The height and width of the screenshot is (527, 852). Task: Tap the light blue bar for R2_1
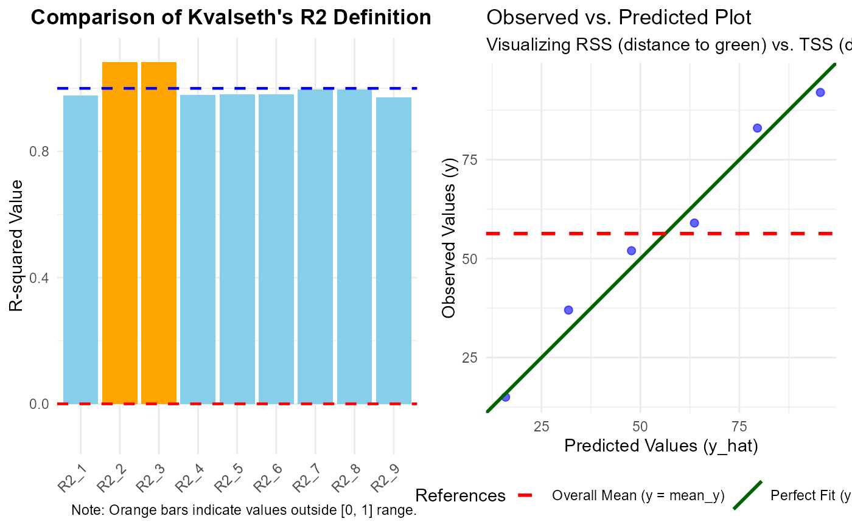[x=80, y=250]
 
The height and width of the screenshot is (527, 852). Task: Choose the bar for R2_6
[x=276, y=249]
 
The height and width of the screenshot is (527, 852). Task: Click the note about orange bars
[x=243, y=510]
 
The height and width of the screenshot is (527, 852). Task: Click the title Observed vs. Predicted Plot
[x=619, y=18]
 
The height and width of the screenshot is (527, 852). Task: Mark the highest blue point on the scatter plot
[x=820, y=92]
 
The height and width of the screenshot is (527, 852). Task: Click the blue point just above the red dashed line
[x=694, y=223]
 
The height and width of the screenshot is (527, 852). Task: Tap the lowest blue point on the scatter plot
[x=505, y=397]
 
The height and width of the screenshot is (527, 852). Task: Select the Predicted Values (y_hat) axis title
[x=661, y=446]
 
